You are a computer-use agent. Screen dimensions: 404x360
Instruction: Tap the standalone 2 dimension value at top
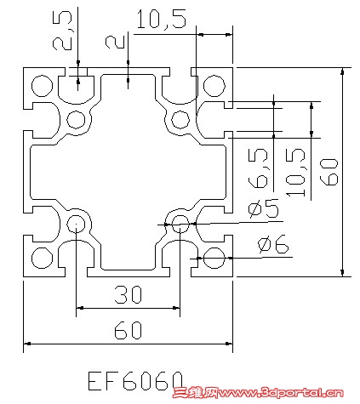click(x=111, y=42)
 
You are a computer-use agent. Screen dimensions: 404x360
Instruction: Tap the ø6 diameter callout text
click(x=272, y=246)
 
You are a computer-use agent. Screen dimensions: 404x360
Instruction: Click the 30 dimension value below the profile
click(x=128, y=295)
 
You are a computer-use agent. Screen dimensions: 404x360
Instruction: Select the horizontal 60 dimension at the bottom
click(x=128, y=332)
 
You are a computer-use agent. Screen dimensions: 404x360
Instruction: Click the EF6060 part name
click(x=136, y=378)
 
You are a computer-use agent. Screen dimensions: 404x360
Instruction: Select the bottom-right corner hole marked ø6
click(x=214, y=258)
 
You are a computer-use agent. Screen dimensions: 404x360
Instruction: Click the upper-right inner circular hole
click(x=180, y=118)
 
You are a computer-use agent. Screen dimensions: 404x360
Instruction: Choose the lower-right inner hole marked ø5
click(x=180, y=224)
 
